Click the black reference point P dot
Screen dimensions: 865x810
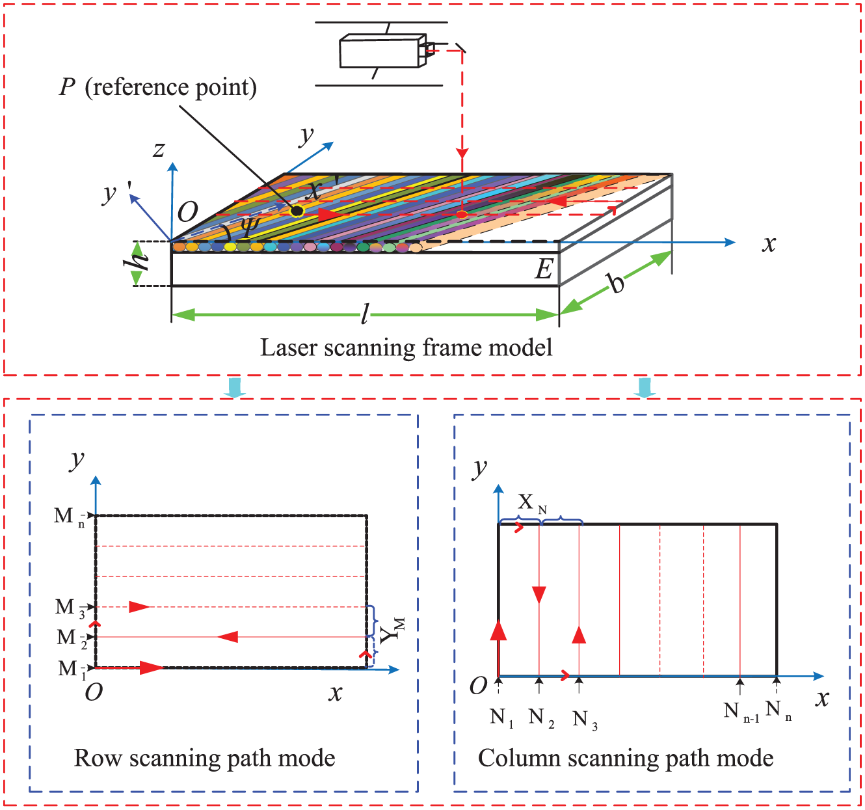[x=297, y=211]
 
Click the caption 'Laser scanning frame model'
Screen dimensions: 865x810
[x=406, y=348]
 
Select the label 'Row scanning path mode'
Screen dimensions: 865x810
[x=204, y=758]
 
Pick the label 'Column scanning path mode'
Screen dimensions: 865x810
[x=626, y=758]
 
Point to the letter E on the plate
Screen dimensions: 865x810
[x=544, y=269]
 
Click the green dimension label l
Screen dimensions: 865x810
[x=365, y=314]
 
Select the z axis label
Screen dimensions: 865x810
[x=159, y=150]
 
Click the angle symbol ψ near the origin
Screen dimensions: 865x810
[x=251, y=226]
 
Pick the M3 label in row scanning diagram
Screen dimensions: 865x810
[x=70, y=608]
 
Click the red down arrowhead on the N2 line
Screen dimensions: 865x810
[x=539, y=595]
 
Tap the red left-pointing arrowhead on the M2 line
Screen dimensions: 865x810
[x=228, y=637]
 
